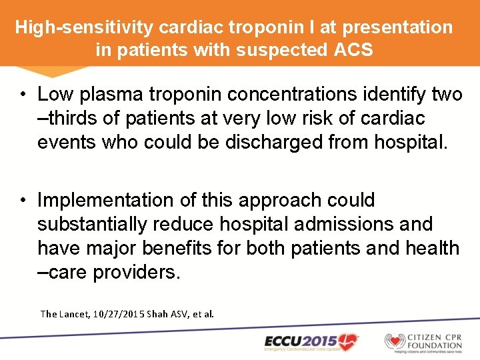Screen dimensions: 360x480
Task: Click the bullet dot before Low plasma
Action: pos(23,95)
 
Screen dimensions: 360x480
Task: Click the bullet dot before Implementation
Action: pos(23,201)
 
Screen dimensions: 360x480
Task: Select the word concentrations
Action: pos(302,95)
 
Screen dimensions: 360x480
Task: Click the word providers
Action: pos(137,272)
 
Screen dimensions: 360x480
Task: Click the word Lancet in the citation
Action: pos(74,313)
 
